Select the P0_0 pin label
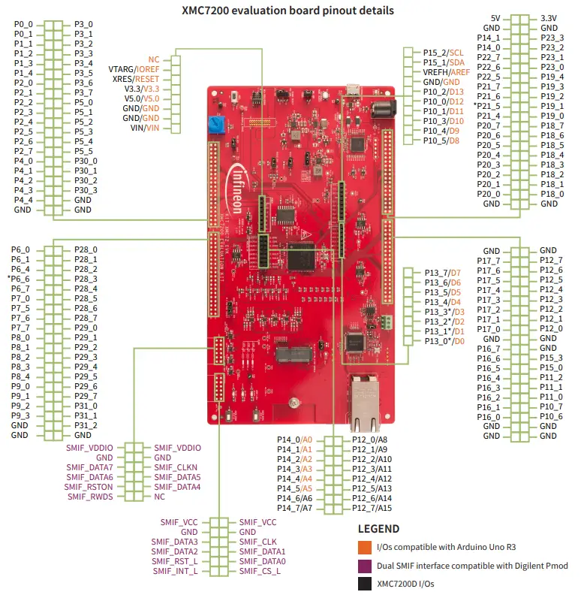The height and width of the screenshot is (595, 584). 23,25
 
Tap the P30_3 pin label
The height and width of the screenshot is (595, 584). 86,191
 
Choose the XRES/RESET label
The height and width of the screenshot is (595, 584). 136,78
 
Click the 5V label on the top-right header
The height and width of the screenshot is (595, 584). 495,18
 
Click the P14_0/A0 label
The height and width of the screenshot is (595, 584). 294,439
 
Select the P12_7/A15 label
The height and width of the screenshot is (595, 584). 372,508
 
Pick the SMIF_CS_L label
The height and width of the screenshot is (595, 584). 259,571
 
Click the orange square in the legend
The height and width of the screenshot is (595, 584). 364,546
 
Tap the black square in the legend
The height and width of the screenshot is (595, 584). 364,584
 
